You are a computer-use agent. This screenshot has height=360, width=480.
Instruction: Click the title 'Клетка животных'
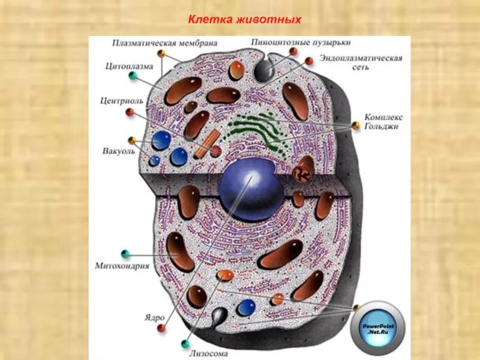point(244,20)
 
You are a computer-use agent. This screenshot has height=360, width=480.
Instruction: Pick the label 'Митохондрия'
point(122,265)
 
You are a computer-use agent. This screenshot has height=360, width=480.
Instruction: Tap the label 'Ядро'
point(154,316)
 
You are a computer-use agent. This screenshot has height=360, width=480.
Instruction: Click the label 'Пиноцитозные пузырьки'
point(301,43)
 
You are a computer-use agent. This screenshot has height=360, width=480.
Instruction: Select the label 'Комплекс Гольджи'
point(383,122)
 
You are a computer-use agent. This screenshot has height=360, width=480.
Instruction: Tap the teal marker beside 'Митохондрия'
point(125,253)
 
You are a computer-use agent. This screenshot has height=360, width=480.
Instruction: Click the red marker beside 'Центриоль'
point(129,112)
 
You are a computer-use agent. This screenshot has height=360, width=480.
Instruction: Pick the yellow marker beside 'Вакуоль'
point(131,140)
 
